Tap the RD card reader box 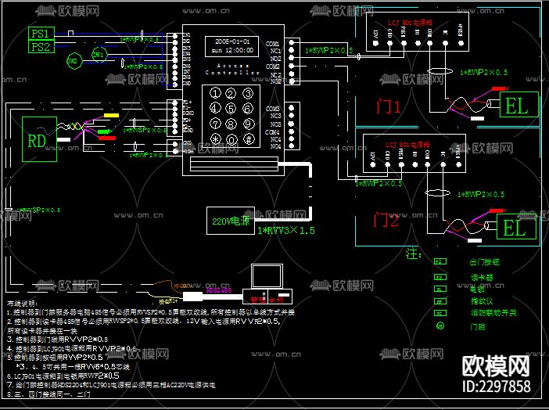[37, 141]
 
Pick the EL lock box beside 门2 [515, 228]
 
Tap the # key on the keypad [247, 139]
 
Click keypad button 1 [215, 92]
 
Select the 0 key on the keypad [231, 139]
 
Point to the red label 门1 [388, 106]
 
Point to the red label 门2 [386, 220]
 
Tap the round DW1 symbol [98, 55]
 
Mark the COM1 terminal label [273, 44]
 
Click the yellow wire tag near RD [111, 116]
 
